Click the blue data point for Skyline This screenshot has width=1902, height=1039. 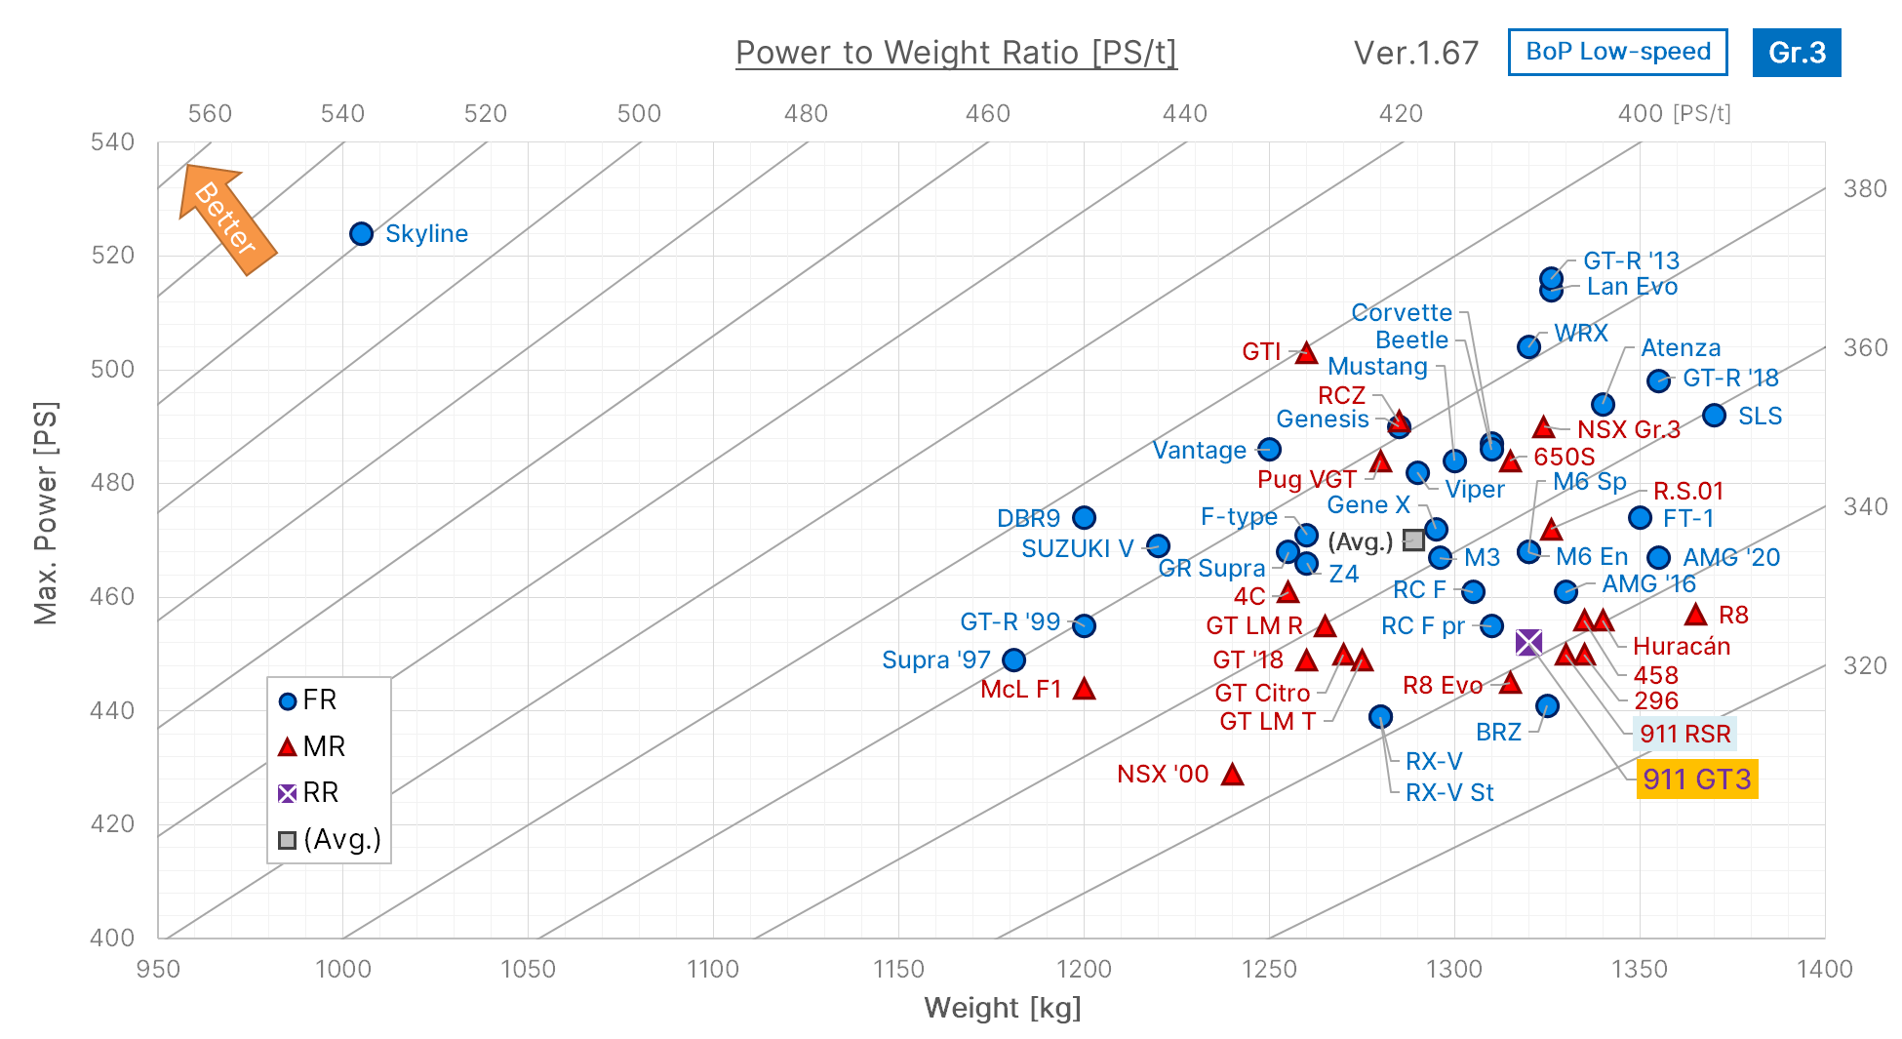(x=361, y=234)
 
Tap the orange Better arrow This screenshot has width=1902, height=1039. (x=226, y=220)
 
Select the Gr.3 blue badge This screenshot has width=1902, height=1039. (x=1796, y=53)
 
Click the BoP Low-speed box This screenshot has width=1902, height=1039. (x=1617, y=53)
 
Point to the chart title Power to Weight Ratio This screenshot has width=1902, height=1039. (x=956, y=53)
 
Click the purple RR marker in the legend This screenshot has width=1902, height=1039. (x=287, y=793)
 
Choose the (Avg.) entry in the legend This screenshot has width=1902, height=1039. (x=329, y=840)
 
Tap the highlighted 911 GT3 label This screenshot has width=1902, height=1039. (x=1696, y=779)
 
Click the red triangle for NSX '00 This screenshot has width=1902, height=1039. (x=1232, y=775)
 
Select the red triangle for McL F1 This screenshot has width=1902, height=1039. (x=1084, y=689)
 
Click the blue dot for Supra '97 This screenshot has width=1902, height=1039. (x=1013, y=660)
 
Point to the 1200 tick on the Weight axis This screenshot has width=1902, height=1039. (x=1084, y=969)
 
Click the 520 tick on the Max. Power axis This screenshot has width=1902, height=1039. (x=112, y=256)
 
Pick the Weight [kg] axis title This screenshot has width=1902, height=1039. (x=1003, y=1008)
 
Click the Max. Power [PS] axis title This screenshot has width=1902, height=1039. (x=45, y=512)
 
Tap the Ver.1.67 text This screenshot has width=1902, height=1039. (x=1415, y=53)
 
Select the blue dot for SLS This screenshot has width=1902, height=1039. (x=1714, y=416)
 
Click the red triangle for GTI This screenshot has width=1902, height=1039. (x=1306, y=353)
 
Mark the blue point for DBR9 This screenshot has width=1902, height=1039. (x=1084, y=518)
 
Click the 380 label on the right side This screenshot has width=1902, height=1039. (x=1864, y=189)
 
